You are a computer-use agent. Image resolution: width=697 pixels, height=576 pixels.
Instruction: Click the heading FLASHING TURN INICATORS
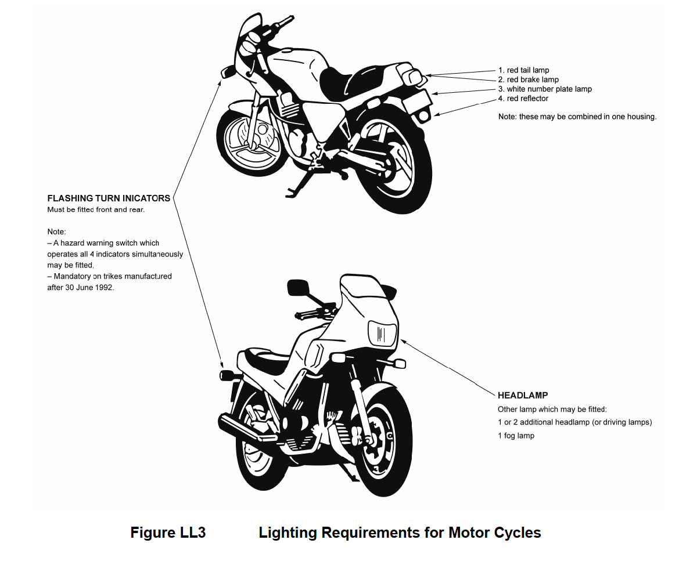click(109, 198)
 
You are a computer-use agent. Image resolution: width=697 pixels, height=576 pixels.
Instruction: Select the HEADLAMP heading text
click(523, 396)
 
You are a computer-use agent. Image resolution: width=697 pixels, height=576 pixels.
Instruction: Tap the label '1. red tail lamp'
click(523, 70)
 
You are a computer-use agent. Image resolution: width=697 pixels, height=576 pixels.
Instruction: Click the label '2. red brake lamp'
click(528, 79)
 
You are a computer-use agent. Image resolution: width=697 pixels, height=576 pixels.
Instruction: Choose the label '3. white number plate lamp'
click(545, 89)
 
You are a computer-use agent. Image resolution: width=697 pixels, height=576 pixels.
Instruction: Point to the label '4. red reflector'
click(523, 99)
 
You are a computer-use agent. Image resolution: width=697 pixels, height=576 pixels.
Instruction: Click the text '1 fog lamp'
click(516, 436)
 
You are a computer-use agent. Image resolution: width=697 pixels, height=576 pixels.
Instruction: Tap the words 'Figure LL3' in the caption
click(168, 532)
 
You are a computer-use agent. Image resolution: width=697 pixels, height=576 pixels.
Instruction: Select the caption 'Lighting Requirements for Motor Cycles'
click(400, 532)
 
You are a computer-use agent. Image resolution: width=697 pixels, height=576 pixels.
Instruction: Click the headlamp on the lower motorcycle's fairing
click(383, 334)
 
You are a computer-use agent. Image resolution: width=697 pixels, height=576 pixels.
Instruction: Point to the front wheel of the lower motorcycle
click(384, 443)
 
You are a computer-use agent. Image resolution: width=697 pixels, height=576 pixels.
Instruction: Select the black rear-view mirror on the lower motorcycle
click(298, 287)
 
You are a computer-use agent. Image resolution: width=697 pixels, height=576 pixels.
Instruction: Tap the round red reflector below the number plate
click(423, 116)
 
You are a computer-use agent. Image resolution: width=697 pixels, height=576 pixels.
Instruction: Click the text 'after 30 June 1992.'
click(81, 287)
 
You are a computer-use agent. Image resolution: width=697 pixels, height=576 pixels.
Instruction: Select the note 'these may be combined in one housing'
click(587, 117)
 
